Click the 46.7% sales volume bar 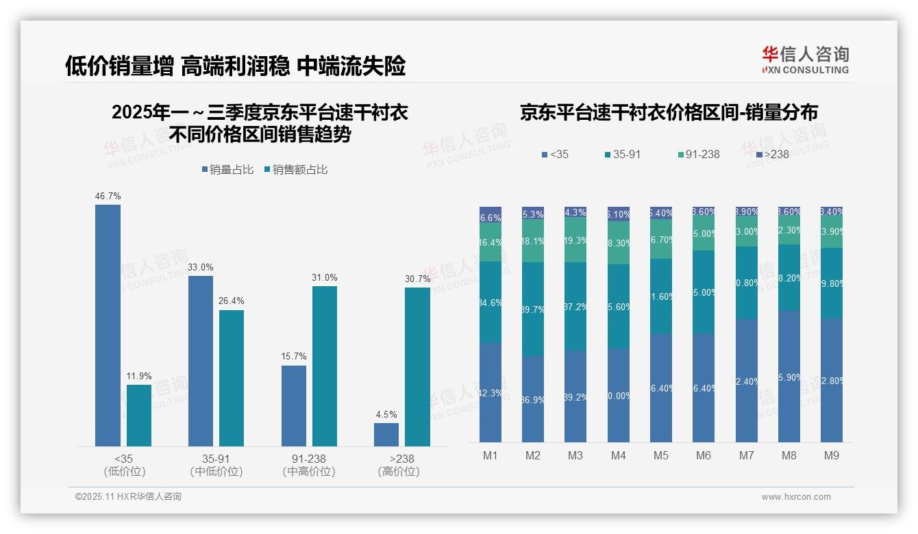point(108,325)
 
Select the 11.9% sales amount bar point(139,416)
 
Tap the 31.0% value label point(325,277)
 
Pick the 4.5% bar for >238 point(386,435)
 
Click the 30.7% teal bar point(417,367)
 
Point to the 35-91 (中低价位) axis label point(216,465)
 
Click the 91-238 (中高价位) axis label point(309,465)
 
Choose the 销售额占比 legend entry point(295,169)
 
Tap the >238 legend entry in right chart point(772,154)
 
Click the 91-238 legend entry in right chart point(698,154)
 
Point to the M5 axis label point(660,455)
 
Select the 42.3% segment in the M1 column point(491,392)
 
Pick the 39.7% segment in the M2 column point(533,309)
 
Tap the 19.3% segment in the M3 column point(575,240)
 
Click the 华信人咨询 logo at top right point(805,60)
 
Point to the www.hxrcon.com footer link point(796,497)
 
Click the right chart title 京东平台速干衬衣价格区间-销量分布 point(669,113)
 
